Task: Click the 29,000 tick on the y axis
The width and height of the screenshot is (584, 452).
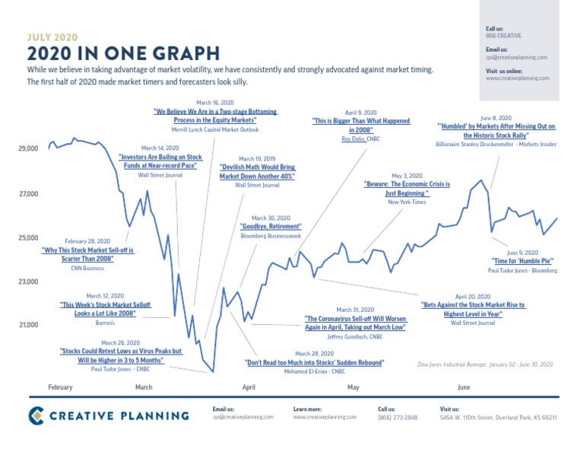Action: click(x=27, y=149)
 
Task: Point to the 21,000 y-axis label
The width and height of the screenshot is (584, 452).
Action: click(x=27, y=326)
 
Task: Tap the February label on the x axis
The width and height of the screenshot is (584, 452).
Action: click(x=60, y=387)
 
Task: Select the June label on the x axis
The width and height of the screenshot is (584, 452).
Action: click(x=464, y=387)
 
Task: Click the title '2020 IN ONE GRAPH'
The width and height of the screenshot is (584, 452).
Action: click(x=123, y=53)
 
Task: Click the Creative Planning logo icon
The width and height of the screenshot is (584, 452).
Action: click(x=37, y=415)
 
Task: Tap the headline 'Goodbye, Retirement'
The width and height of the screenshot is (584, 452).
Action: click(x=271, y=227)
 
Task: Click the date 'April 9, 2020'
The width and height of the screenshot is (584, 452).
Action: click(x=360, y=112)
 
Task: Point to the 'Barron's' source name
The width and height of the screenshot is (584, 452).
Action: click(x=105, y=323)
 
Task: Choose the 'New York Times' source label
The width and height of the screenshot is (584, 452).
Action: click(x=407, y=202)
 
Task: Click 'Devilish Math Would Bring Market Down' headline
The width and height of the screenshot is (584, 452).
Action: click(x=257, y=171)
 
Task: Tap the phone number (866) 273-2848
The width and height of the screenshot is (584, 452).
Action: click(x=398, y=418)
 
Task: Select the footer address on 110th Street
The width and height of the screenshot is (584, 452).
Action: click(x=498, y=418)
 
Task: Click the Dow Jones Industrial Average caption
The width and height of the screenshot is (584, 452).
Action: click(x=485, y=365)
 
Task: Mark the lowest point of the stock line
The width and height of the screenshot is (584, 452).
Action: click(x=214, y=372)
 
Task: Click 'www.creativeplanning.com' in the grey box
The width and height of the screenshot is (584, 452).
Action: click(x=519, y=78)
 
